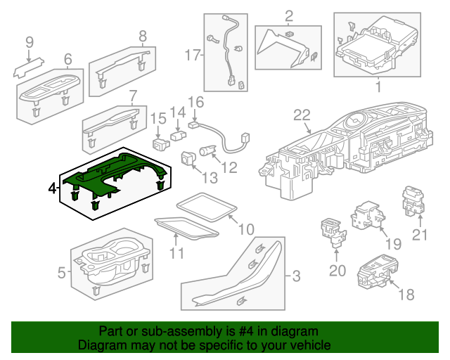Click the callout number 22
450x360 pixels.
(302, 115)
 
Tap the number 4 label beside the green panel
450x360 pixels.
(52, 188)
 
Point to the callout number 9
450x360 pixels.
(30, 43)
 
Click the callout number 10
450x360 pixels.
(245, 229)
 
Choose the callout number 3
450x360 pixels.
(296, 276)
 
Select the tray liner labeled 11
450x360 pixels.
(185, 226)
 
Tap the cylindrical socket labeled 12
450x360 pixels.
(208, 149)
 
